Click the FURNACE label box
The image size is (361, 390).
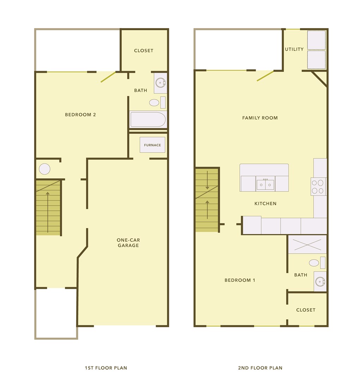pyautogui.click(x=152, y=145)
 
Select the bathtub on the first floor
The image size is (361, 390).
pyautogui.click(x=148, y=119)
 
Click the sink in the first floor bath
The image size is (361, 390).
pyautogui.click(x=160, y=83)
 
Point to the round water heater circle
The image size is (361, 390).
pyautogui.click(x=45, y=169)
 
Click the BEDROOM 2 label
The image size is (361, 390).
pyautogui.click(x=80, y=115)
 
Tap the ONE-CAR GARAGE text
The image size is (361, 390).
pyautogui.click(x=128, y=243)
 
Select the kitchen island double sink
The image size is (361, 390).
pyautogui.click(x=265, y=184)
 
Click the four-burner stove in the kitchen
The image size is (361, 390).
pyautogui.click(x=318, y=186)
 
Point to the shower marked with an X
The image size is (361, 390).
pyautogui.click(x=307, y=244)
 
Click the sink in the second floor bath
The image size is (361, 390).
pyautogui.click(x=320, y=282)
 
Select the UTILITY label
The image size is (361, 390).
pyautogui.click(x=294, y=49)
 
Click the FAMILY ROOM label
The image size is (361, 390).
pyautogui.click(x=260, y=118)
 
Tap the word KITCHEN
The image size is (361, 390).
pyautogui.click(x=265, y=204)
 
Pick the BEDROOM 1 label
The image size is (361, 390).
pyautogui.click(x=240, y=280)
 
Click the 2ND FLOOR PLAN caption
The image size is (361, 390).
pyautogui.click(x=260, y=368)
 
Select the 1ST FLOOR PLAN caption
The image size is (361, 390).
pyautogui.click(x=106, y=368)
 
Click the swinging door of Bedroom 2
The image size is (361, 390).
pyautogui.click(x=108, y=77)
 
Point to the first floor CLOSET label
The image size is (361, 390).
pyautogui.click(x=143, y=51)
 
